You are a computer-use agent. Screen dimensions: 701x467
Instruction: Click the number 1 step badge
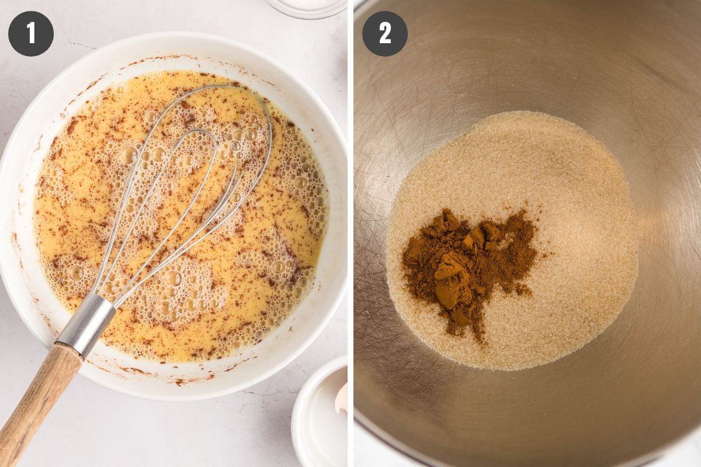point(31,34)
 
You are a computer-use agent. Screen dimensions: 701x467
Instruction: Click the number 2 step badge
point(385,34)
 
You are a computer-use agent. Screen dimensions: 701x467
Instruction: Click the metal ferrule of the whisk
point(86,325)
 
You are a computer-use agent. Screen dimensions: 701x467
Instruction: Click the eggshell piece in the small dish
point(342,399)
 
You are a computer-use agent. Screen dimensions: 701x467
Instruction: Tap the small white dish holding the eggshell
point(319,413)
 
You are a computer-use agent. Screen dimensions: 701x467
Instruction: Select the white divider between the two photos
point(350,233)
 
